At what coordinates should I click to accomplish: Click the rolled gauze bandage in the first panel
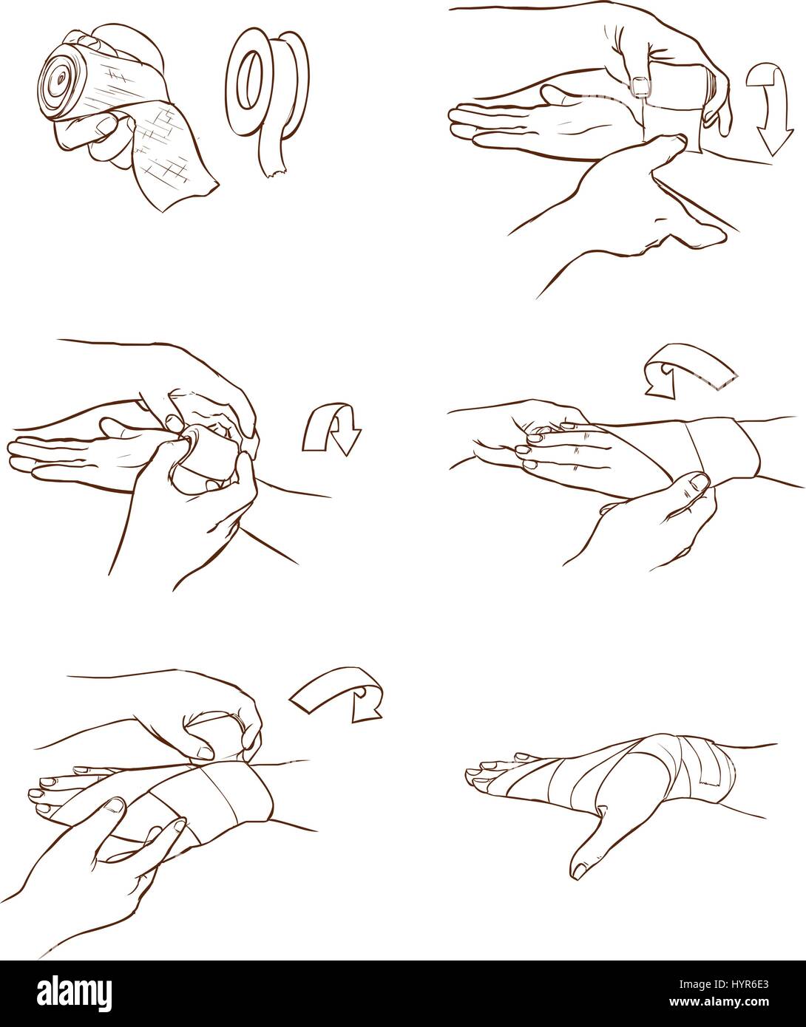[71, 81]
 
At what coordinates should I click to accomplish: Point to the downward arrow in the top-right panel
[769, 109]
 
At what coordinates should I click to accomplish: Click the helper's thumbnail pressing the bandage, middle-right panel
[698, 482]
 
